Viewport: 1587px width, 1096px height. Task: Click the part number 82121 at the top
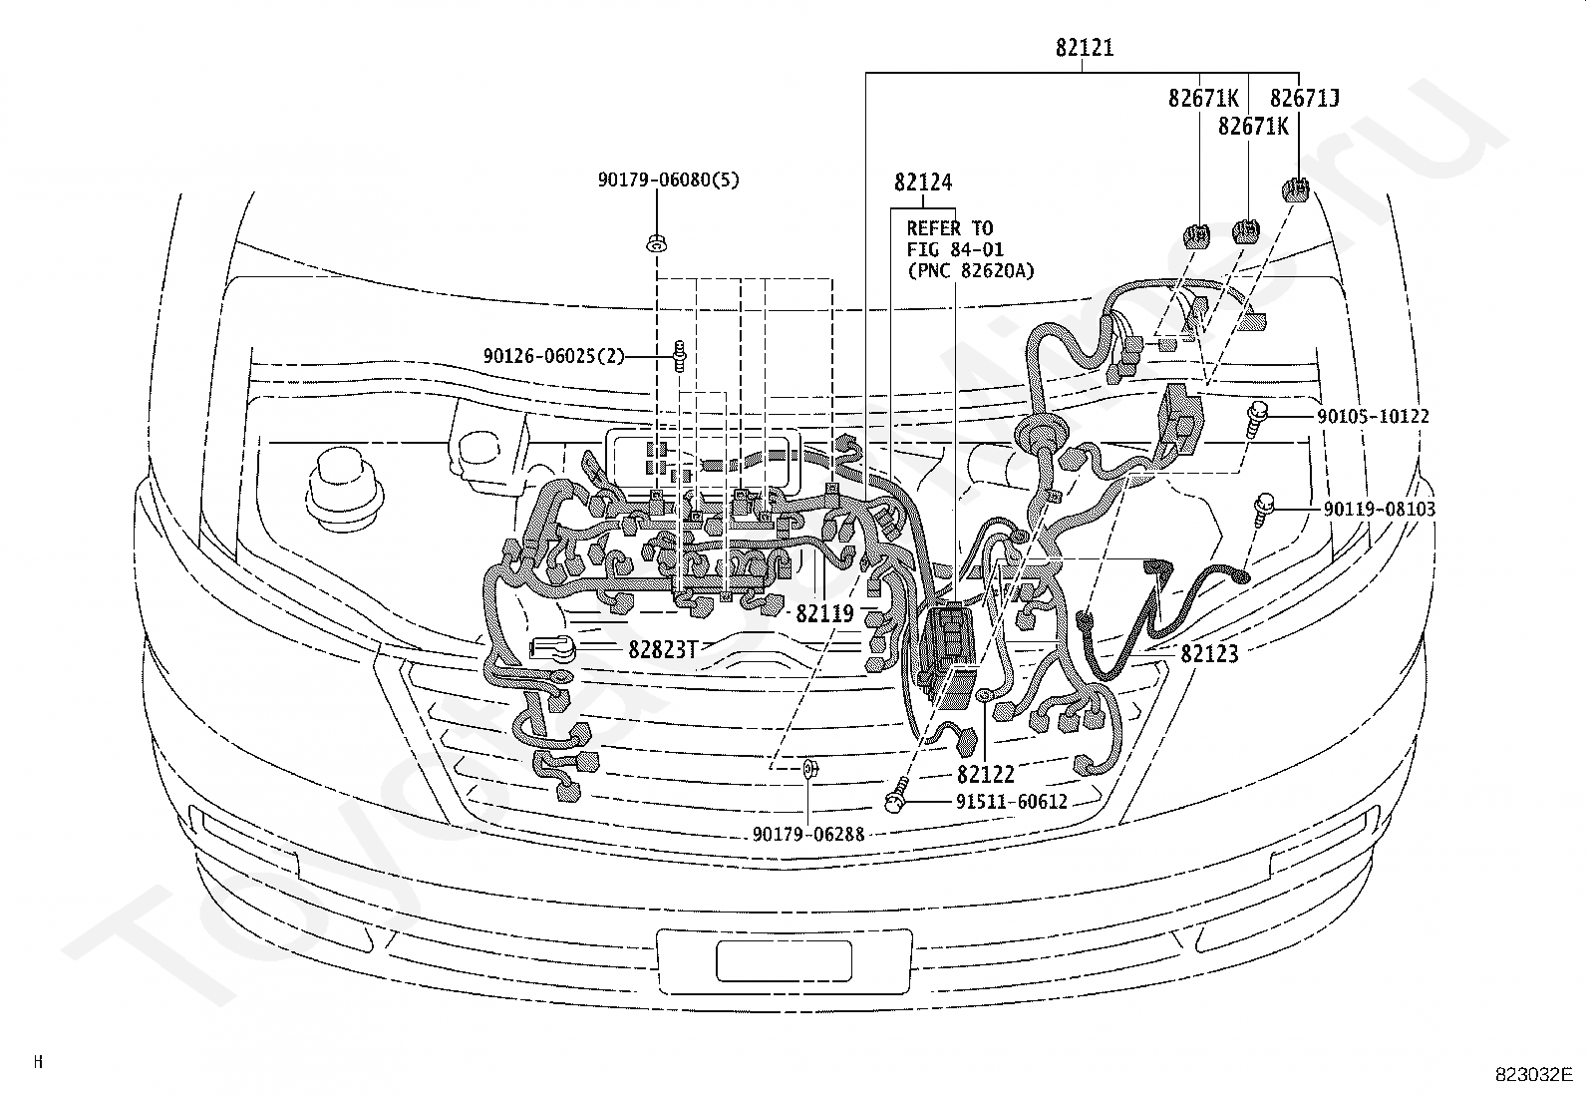pyautogui.click(x=1084, y=48)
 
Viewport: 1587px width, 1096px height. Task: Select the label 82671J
pyautogui.click(x=1304, y=98)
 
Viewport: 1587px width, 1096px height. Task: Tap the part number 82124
pyautogui.click(x=922, y=183)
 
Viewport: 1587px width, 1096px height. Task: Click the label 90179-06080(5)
pyautogui.click(x=668, y=181)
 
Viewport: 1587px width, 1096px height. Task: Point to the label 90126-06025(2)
pyautogui.click(x=554, y=355)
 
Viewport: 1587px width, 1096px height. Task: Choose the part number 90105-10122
pyautogui.click(x=1373, y=416)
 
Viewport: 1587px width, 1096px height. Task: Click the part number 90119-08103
pyautogui.click(x=1380, y=509)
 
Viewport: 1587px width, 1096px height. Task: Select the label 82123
pyautogui.click(x=1209, y=653)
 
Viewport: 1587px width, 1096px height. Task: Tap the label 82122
pyautogui.click(x=986, y=774)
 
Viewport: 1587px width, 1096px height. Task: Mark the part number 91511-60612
pyautogui.click(x=1012, y=802)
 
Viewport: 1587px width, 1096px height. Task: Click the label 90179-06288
pyautogui.click(x=808, y=835)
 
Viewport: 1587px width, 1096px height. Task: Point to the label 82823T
pyautogui.click(x=663, y=649)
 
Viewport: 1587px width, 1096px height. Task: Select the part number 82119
pyautogui.click(x=824, y=613)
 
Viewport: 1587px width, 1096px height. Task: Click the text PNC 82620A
pyautogui.click(x=970, y=271)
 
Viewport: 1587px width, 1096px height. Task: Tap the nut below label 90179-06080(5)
pyautogui.click(x=657, y=244)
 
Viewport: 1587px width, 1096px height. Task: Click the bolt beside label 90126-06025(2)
pyautogui.click(x=680, y=356)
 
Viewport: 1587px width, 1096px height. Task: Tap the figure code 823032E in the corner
pyautogui.click(x=1534, y=1075)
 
